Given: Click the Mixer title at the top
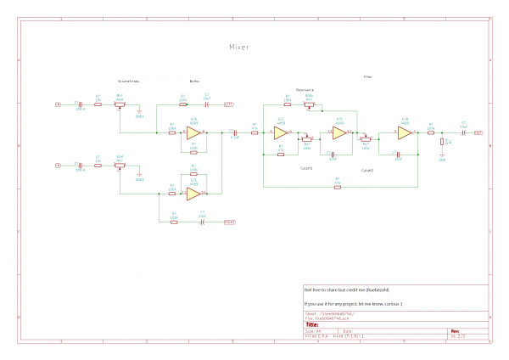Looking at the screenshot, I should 240,48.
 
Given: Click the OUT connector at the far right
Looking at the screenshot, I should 478,133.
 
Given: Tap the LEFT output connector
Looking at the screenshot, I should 229,104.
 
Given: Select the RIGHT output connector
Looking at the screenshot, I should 229,222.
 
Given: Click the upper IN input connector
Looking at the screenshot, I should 59,104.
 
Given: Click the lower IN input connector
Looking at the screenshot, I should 59,164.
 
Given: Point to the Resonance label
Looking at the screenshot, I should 305,89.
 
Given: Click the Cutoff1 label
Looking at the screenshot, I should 307,169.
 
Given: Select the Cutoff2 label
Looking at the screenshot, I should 367,170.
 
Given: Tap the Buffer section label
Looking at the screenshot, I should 194,81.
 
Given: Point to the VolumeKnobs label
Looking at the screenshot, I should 128,81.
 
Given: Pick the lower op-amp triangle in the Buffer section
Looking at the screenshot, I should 193,193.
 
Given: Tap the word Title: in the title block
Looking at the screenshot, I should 312,323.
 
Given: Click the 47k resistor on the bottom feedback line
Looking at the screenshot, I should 338,184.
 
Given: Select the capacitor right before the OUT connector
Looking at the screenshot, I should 462,133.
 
